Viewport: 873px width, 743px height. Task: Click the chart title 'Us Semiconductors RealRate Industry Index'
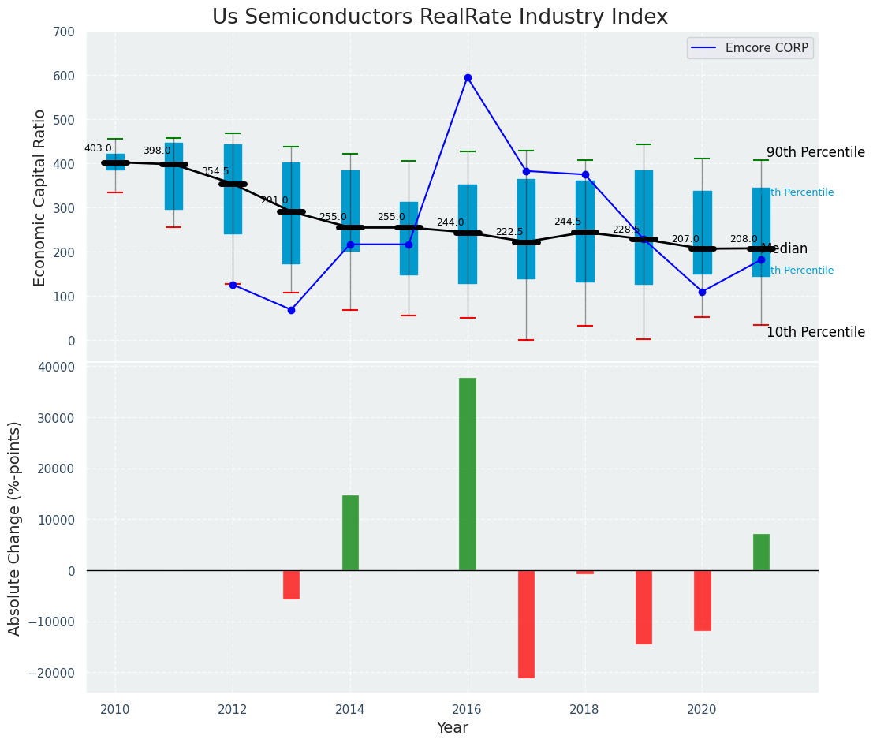[439, 17]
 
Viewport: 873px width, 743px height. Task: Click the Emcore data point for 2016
[468, 77]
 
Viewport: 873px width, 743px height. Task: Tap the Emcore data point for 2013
[291, 310]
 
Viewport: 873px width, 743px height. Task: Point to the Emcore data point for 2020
[702, 292]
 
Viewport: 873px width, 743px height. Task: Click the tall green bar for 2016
[468, 473]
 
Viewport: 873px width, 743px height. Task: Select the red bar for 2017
[526, 624]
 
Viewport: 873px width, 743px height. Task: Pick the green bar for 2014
[350, 532]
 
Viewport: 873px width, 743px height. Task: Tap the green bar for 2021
[761, 552]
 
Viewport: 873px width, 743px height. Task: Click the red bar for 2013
[291, 584]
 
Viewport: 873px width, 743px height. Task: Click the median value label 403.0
[98, 148]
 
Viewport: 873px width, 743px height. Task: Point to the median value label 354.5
[215, 171]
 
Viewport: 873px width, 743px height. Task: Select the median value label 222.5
[509, 232]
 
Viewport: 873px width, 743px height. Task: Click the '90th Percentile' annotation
[815, 153]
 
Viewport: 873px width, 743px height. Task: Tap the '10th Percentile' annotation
[815, 333]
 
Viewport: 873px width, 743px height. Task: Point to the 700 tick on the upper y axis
[64, 32]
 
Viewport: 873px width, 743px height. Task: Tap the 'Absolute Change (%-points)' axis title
[15, 528]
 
